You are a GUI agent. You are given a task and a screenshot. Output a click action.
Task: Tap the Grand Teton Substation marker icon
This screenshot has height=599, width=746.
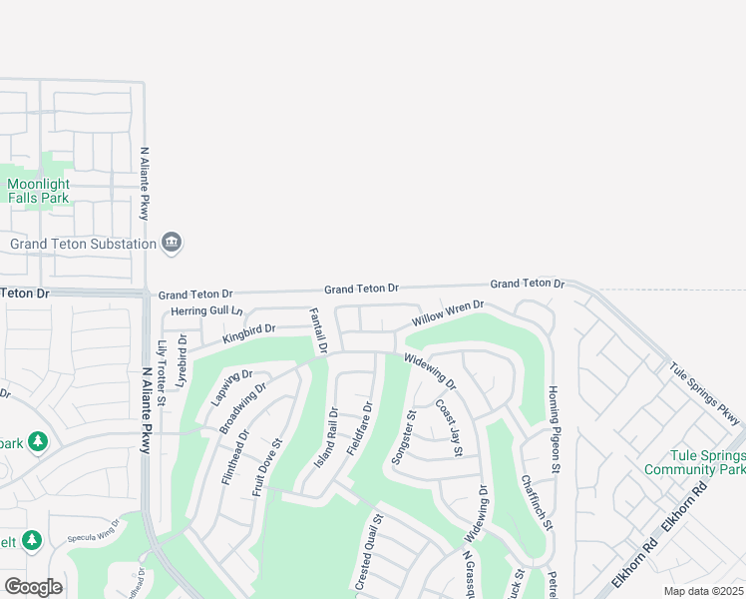click(172, 243)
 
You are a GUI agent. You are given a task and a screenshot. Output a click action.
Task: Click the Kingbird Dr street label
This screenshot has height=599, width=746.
click(248, 331)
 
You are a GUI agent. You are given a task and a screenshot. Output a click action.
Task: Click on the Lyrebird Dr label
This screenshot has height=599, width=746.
click(182, 360)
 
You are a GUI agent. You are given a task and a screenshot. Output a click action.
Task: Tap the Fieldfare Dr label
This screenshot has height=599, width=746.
click(359, 429)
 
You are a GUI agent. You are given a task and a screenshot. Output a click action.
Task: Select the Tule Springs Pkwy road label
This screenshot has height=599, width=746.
click(705, 389)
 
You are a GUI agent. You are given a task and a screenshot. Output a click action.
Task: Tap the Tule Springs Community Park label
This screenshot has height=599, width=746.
click(693, 462)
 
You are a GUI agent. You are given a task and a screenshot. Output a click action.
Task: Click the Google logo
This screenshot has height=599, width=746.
click(33, 586)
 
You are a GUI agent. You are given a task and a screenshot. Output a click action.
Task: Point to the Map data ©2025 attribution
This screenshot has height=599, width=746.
click(703, 591)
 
